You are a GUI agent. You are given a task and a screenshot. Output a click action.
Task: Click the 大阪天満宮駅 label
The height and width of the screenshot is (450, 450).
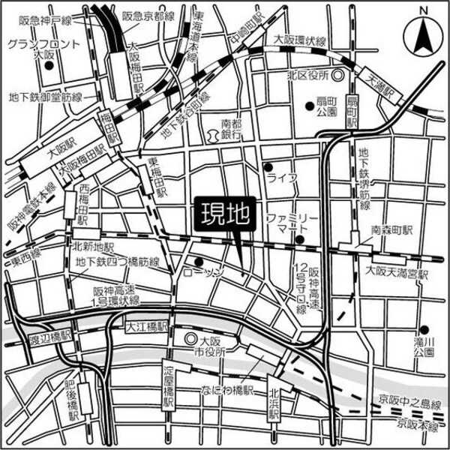(x=394, y=274)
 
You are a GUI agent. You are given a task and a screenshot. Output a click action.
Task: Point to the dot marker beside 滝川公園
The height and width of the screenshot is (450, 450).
(x=424, y=328)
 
